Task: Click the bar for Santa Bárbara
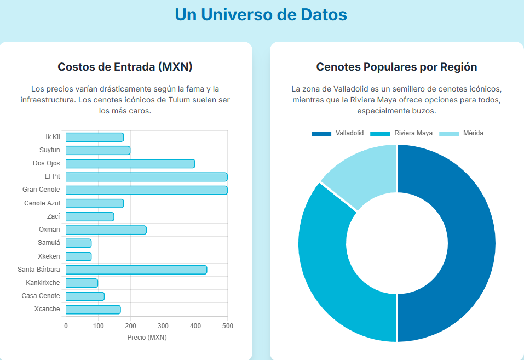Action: [136, 270]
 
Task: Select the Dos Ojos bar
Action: [130, 163]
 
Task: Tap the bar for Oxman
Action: [106, 230]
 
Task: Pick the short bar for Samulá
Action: [78, 243]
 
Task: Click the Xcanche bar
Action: [93, 310]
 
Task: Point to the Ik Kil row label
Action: [53, 137]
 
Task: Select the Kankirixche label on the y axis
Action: [43, 283]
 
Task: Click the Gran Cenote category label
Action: [41, 190]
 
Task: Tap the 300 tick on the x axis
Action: [163, 326]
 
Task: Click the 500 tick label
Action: [227, 326]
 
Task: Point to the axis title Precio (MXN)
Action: [147, 338]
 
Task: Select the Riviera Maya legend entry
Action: [401, 133]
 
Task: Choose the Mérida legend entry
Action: [462, 133]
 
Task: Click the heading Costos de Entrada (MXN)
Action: [125, 67]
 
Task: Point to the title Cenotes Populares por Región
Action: [396, 67]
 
